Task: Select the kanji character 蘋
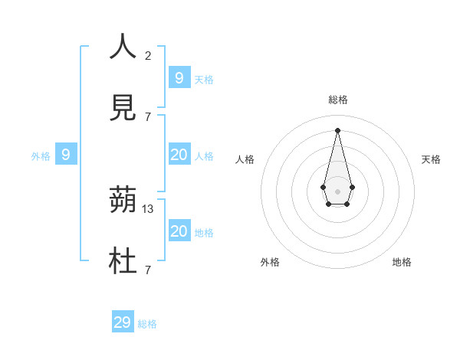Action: click(123, 201)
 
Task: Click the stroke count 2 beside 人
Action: click(148, 55)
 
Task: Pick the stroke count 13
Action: click(148, 208)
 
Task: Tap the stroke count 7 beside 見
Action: click(148, 116)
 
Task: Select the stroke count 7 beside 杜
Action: click(148, 270)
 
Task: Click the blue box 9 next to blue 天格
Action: click(179, 77)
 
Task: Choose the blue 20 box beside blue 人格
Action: click(179, 155)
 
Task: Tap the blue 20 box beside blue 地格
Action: click(179, 231)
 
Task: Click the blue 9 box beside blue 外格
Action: click(66, 155)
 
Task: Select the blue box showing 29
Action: click(123, 322)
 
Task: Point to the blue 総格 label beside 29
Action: click(147, 324)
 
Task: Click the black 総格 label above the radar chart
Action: click(337, 100)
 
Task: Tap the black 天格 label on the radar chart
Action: click(432, 159)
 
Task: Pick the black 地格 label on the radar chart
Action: click(402, 262)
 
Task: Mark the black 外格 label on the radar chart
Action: click(270, 262)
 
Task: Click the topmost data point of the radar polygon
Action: click(337, 129)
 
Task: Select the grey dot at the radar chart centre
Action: click(337, 191)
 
